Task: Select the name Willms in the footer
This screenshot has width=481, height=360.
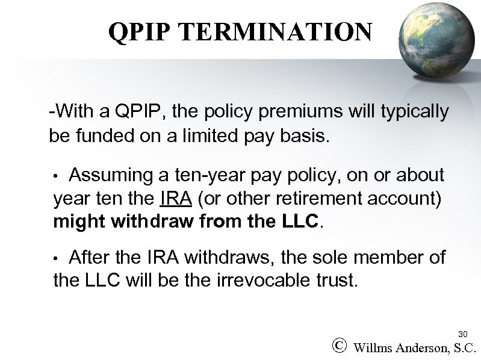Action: (374, 347)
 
